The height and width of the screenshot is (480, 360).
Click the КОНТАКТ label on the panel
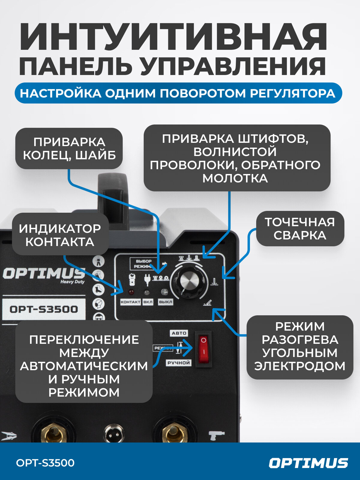click(130, 302)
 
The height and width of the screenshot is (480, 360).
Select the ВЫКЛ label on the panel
click(165, 302)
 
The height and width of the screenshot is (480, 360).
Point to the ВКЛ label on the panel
click(148, 302)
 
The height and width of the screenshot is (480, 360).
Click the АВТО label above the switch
click(179, 333)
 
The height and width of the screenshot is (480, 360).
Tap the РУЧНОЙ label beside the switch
click(178, 363)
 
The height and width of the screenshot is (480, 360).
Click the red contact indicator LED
click(131, 292)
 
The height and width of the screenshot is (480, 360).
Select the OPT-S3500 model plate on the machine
click(44, 309)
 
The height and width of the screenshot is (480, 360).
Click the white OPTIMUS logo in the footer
click(308, 463)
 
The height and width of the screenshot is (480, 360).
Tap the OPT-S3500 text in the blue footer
click(45, 463)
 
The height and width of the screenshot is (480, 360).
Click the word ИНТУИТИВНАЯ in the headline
click(173, 37)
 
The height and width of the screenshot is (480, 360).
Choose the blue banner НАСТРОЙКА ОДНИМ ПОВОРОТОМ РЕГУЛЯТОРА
click(178, 93)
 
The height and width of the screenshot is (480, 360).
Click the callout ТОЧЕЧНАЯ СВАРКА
click(300, 229)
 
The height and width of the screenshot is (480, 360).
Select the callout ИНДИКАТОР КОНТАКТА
click(60, 235)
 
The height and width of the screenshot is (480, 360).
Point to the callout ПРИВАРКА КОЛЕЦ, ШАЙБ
click(69, 148)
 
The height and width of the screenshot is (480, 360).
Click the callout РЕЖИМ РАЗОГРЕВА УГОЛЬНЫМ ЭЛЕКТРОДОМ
click(299, 346)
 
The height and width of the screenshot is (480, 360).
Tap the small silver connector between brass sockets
click(114, 433)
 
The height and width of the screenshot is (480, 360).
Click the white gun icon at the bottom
click(216, 435)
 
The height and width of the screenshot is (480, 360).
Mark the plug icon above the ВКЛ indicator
click(147, 279)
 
